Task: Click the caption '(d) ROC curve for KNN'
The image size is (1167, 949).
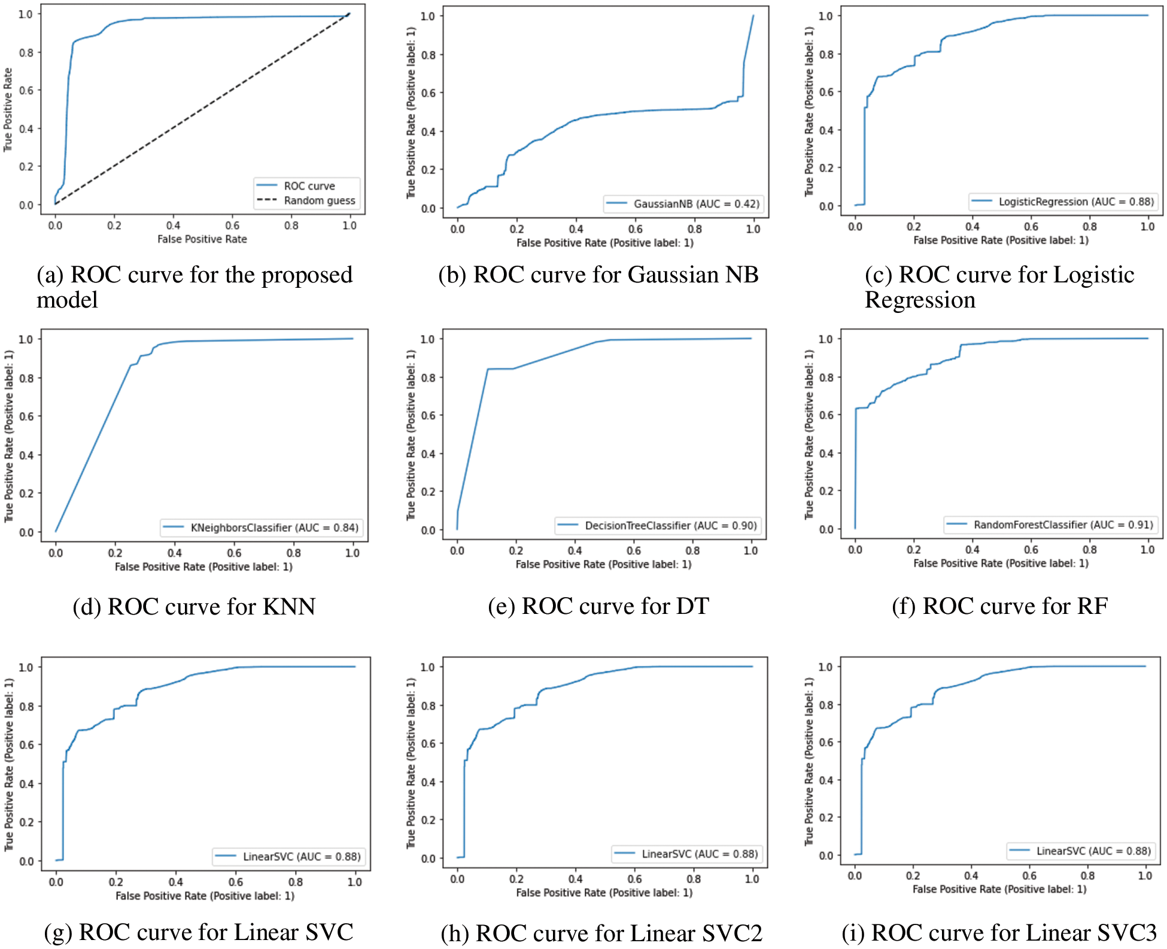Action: [194, 607]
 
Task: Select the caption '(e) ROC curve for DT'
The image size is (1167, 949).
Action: [598, 606]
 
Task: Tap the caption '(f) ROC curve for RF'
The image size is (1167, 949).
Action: [999, 606]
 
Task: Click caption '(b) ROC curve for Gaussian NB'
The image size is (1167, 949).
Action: [598, 275]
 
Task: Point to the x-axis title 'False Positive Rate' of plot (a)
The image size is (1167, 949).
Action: [202, 239]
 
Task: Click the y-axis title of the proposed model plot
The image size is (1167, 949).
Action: [8, 109]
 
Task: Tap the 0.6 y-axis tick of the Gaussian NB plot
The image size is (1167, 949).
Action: [428, 93]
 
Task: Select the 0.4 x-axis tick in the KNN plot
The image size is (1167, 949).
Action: [175, 553]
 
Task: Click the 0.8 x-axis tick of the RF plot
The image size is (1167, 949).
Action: [1089, 549]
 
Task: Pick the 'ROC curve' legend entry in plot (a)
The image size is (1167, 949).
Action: [309, 186]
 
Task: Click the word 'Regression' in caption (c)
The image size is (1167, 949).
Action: [920, 300]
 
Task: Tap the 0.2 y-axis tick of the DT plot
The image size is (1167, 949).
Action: [428, 492]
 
